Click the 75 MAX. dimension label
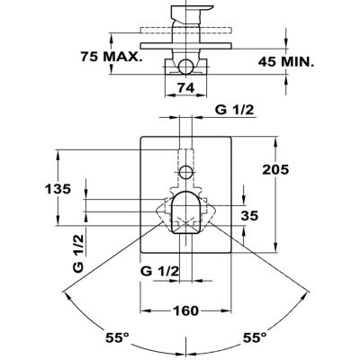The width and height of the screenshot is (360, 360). coord(111,57)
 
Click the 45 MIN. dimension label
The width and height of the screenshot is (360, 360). coord(286,62)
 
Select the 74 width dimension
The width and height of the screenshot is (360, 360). coord(186,88)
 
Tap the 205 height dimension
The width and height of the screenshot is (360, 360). coord(275,170)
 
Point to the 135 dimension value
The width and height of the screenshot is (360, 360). coord(58,189)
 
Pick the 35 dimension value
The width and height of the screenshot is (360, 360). coord(249,216)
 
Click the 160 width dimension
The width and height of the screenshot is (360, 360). coord(185,310)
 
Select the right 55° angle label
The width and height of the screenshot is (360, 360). coord(255,337)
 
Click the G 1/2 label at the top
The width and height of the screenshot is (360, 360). coord(235,110)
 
